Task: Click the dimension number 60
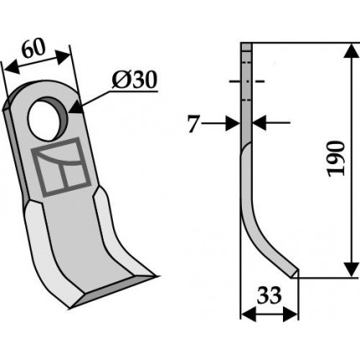click(x=33, y=49)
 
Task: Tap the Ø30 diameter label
click(x=135, y=80)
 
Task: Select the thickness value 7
click(x=193, y=125)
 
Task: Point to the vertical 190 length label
click(x=336, y=159)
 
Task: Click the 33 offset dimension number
click(x=270, y=296)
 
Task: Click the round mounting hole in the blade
click(x=48, y=119)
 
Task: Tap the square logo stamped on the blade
click(x=61, y=167)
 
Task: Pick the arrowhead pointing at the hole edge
click(x=76, y=108)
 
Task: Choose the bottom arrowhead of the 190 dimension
click(x=353, y=270)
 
